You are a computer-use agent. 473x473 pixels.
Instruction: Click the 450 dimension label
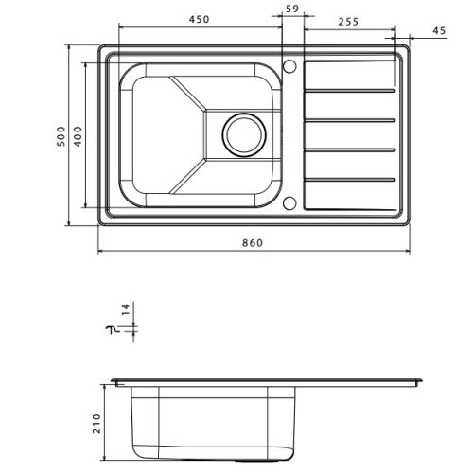click(x=198, y=17)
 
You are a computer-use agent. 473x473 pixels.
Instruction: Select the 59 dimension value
click(x=291, y=9)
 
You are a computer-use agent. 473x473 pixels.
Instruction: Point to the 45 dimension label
click(x=437, y=31)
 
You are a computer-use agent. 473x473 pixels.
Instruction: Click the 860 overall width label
click(x=253, y=242)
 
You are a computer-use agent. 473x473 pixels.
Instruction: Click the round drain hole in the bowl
click(x=244, y=134)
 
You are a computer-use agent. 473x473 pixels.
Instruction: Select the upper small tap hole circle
click(x=291, y=66)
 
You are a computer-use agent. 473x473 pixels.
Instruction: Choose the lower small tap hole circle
click(x=291, y=201)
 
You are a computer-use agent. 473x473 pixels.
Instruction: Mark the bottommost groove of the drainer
click(x=350, y=177)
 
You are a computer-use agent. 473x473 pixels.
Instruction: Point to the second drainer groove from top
click(x=350, y=120)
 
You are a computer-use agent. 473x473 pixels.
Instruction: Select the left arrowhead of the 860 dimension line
click(x=102, y=252)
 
